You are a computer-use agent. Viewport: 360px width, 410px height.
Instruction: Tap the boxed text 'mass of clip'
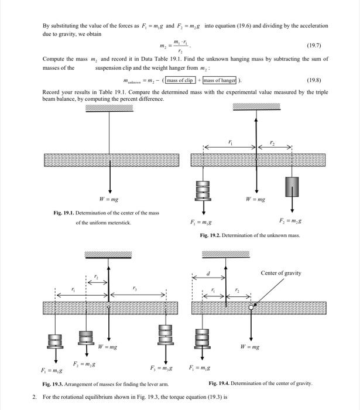click(180, 80)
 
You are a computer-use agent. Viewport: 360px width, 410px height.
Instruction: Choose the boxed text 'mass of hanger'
click(218, 80)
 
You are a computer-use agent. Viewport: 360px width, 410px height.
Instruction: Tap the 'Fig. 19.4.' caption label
click(221, 383)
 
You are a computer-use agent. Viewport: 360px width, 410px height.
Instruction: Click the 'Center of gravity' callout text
click(281, 274)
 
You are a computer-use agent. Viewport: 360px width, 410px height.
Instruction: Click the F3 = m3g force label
click(162, 368)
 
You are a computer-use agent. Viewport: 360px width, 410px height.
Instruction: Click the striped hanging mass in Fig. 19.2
click(203, 190)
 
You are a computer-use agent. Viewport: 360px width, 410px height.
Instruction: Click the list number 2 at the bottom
click(33, 397)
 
